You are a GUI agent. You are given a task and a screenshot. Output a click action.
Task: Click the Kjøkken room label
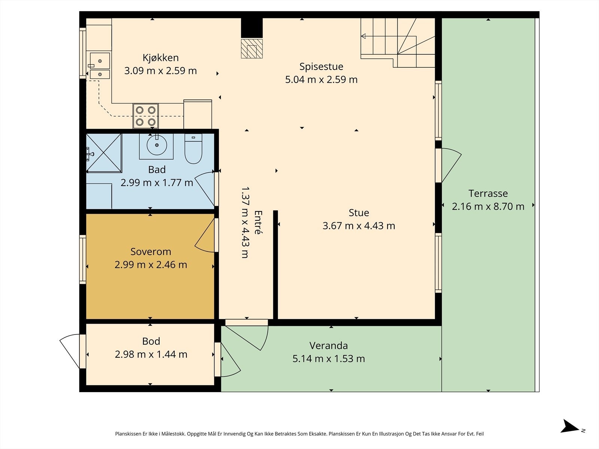point(161,58)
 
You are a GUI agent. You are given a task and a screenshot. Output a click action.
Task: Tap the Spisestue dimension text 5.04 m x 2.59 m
point(321,80)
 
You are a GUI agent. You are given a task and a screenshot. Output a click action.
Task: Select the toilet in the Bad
point(193,149)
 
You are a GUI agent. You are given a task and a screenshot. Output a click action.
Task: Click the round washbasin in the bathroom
point(156,145)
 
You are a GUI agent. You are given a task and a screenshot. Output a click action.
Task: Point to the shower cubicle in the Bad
point(104,153)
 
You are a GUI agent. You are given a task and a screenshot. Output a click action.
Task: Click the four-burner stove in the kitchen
point(146,116)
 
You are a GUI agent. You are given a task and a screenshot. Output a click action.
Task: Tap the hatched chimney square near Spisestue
point(252,49)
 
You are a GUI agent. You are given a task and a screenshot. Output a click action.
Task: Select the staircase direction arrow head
point(363,36)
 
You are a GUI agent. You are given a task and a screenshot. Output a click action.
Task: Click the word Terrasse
point(488,193)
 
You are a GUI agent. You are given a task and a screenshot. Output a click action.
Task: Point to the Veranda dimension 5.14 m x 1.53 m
point(329,359)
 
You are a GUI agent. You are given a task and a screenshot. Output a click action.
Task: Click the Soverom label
point(150,251)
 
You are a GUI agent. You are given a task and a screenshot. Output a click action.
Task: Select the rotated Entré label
point(258,222)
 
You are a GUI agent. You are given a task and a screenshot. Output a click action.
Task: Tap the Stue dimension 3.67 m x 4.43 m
point(359,226)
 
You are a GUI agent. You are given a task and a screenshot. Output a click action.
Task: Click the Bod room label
point(151,341)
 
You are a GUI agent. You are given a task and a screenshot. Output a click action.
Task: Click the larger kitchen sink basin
point(100,61)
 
